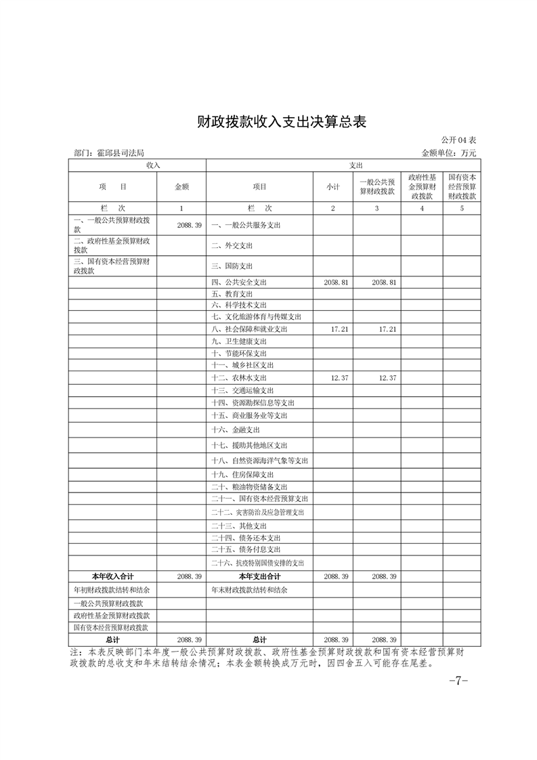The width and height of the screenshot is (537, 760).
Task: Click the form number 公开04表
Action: click(x=459, y=140)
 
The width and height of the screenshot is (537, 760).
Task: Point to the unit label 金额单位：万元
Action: click(x=449, y=154)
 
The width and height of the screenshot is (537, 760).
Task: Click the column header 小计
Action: click(x=332, y=186)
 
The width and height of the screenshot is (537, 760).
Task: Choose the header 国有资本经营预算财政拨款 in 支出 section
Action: click(x=462, y=186)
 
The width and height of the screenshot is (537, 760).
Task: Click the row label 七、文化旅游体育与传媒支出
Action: click(x=256, y=317)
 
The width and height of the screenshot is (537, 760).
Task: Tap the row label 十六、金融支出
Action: click(x=236, y=429)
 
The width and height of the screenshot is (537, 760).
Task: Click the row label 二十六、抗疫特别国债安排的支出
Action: click(x=257, y=563)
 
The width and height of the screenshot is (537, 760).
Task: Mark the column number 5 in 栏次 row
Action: click(x=462, y=208)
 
